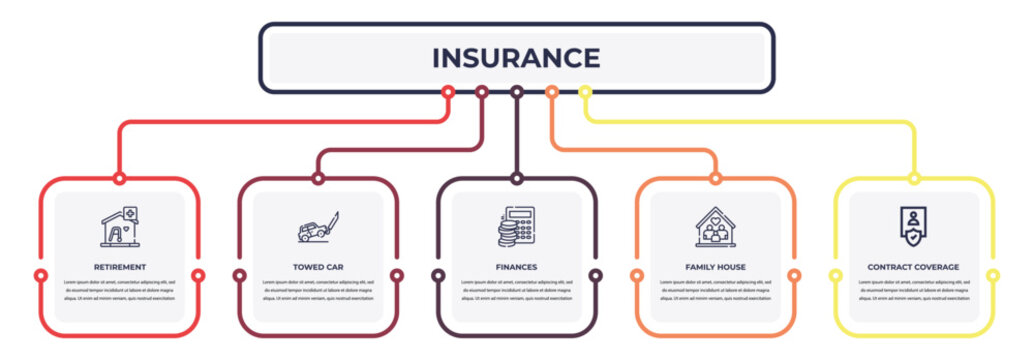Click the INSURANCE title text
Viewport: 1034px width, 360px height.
[x=516, y=58]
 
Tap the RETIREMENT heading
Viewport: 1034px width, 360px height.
[x=120, y=267]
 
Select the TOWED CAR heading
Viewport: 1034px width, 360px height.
[x=318, y=267]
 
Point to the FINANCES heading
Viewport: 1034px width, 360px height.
[x=517, y=267]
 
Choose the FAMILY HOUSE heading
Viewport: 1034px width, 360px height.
[x=715, y=267]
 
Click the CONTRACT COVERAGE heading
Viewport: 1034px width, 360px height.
[x=913, y=267]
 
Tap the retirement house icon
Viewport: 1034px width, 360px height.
[x=120, y=227]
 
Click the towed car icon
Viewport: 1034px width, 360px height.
[x=318, y=228]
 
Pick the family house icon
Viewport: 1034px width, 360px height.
[x=715, y=227]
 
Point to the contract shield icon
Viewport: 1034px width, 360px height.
[x=913, y=226]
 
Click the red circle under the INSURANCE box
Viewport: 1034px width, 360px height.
[x=448, y=92]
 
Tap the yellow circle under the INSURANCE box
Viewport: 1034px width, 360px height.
[x=585, y=92]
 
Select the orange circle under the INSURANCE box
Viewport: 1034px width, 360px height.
[x=551, y=92]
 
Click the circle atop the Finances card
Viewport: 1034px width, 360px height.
[x=517, y=179]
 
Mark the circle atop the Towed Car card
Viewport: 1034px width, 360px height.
[x=318, y=179]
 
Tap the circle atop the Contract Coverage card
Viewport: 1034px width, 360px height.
[x=914, y=179]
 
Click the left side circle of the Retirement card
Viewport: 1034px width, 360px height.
[x=41, y=275]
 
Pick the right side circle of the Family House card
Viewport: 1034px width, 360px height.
[x=794, y=275]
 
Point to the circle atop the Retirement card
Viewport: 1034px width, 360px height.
[x=120, y=179]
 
